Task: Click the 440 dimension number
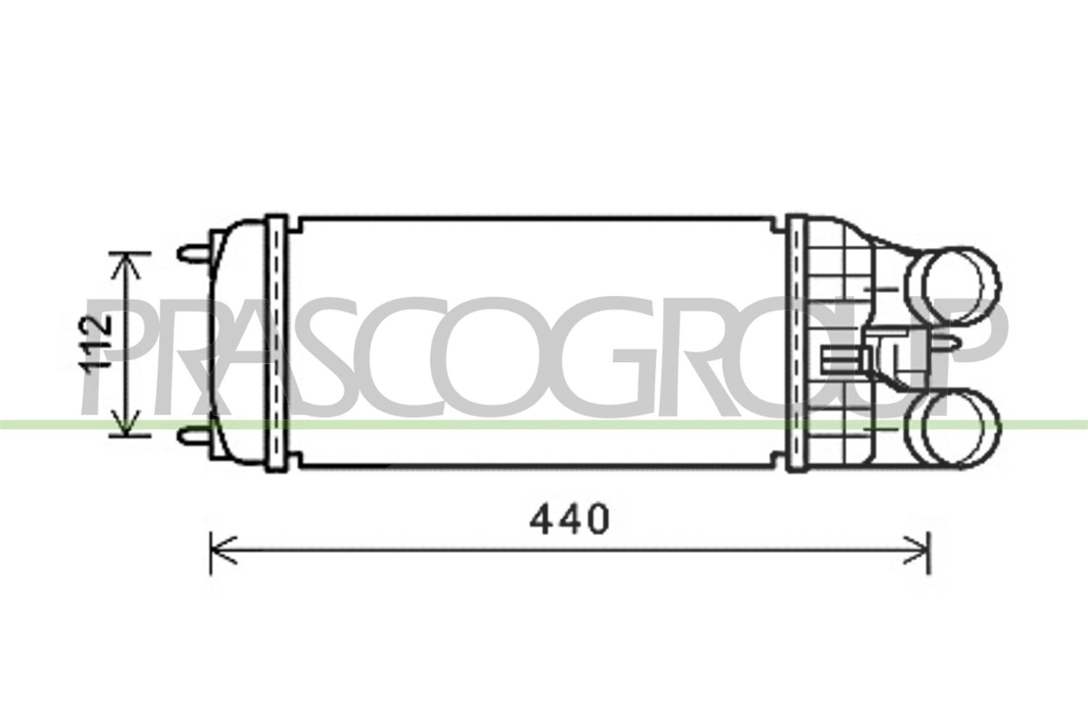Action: (x=569, y=519)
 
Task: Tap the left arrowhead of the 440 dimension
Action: (x=223, y=551)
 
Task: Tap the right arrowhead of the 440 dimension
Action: (x=916, y=551)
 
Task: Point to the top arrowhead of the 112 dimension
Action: (x=126, y=266)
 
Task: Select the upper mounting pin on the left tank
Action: (x=194, y=252)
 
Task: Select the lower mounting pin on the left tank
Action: (x=194, y=435)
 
